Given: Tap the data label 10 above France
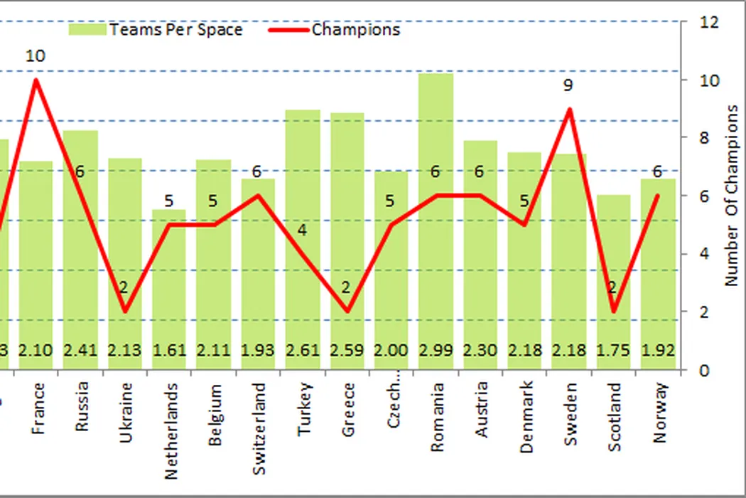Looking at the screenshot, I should [x=36, y=55].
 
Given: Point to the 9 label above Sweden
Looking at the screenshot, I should [x=568, y=85].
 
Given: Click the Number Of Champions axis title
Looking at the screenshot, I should [x=732, y=196].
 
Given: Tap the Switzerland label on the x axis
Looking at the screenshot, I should [x=259, y=429].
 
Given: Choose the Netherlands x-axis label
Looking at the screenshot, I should [x=171, y=431].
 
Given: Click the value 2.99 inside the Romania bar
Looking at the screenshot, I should [x=436, y=351].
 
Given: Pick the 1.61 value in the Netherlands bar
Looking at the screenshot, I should [x=169, y=351].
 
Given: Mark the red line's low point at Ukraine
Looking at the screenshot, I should [x=125, y=312].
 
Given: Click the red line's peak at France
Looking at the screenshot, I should [x=36, y=80].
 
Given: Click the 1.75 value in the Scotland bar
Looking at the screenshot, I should [x=613, y=351].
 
